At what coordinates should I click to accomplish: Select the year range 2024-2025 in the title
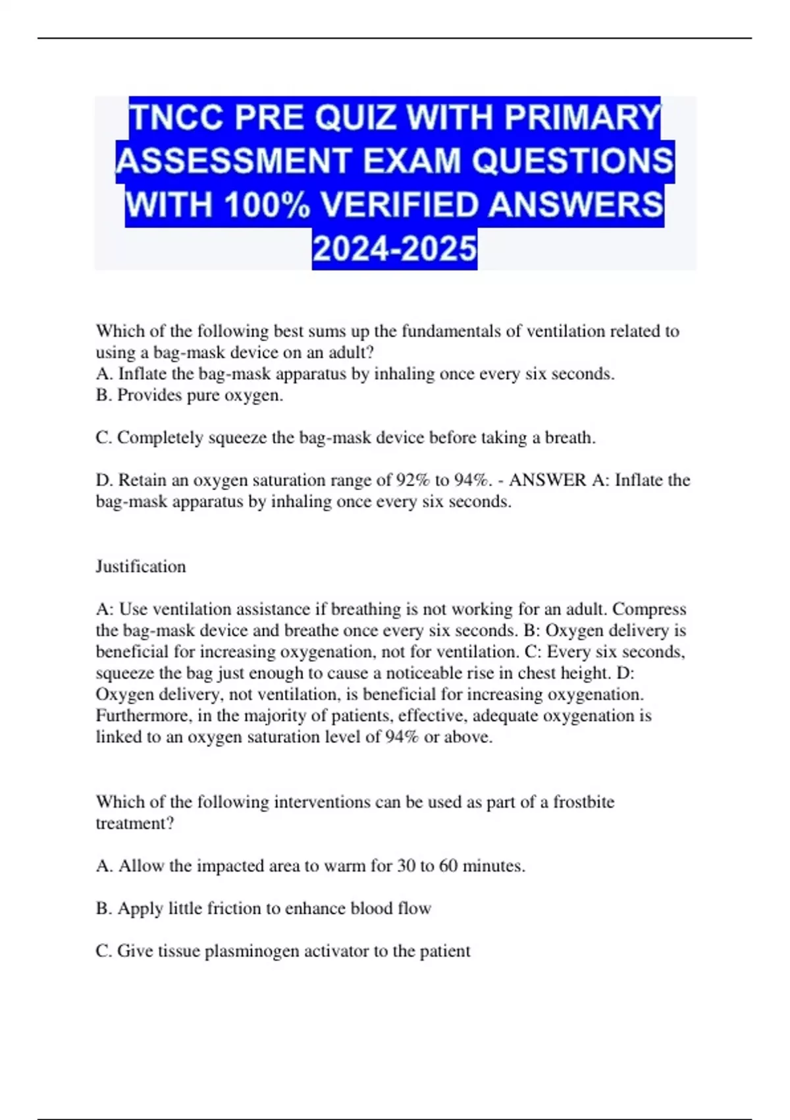pyautogui.click(x=394, y=249)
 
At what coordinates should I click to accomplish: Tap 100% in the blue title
pyautogui.click(x=267, y=206)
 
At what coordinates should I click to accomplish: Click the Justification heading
pyautogui.click(x=141, y=567)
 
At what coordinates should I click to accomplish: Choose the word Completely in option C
pyautogui.click(x=160, y=438)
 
